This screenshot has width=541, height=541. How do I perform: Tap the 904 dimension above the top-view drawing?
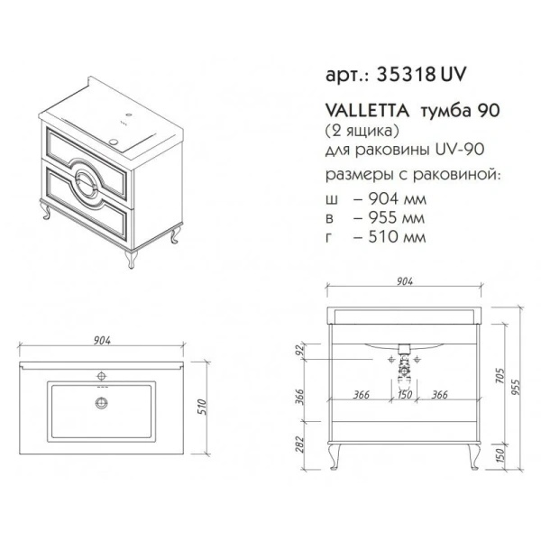(102, 340)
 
